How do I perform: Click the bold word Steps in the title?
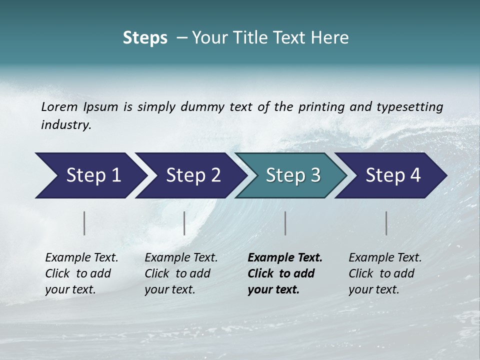[x=145, y=38]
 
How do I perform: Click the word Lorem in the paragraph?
[x=59, y=107]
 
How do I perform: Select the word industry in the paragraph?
[x=65, y=125]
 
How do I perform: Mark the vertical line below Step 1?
[x=84, y=223]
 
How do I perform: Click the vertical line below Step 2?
[x=184, y=223]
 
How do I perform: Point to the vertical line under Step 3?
[x=285, y=223]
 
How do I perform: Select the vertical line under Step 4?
[x=386, y=223]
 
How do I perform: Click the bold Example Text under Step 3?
[x=285, y=258]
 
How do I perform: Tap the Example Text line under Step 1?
[x=81, y=258]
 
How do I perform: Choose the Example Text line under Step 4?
[x=385, y=258]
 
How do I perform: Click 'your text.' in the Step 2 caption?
[x=169, y=289]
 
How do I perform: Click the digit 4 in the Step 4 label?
[x=415, y=175]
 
